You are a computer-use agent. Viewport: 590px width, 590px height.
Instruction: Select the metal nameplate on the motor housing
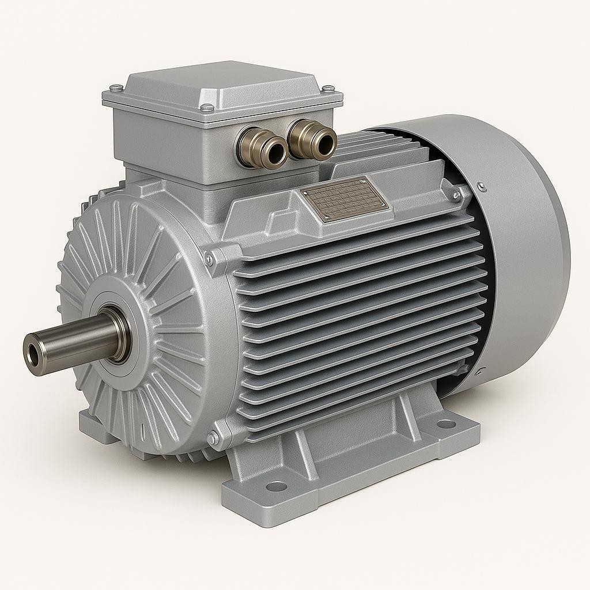tap(345, 199)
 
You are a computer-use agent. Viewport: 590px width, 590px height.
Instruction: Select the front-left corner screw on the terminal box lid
tap(207, 107)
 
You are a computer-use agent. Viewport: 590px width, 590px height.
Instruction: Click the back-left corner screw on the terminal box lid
tap(117, 88)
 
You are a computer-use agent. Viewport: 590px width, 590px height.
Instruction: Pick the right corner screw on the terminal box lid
tap(329, 89)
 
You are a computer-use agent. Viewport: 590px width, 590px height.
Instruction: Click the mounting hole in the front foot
tap(277, 486)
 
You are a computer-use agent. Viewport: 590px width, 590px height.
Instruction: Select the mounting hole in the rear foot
tap(446, 423)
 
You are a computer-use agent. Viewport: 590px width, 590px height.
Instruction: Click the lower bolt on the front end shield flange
tap(213, 439)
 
